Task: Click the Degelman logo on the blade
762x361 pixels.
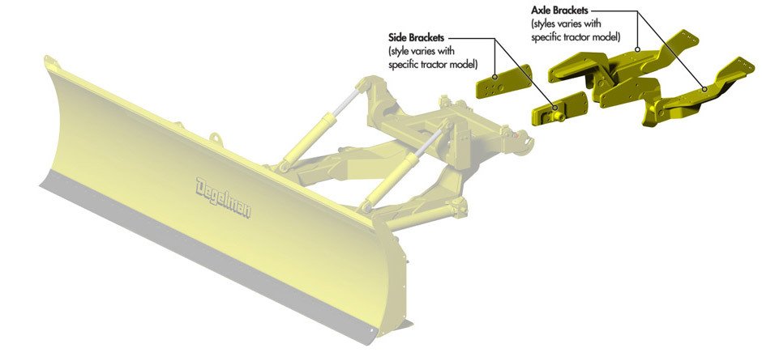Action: point(223,197)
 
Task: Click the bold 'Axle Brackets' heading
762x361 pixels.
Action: point(559,11)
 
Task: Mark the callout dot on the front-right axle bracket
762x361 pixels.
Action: point(704,88)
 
